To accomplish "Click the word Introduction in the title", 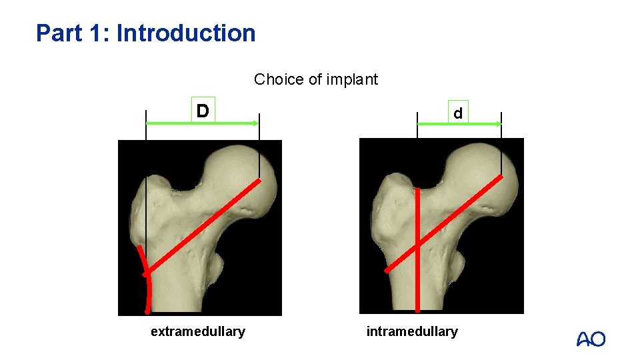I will point(186,33).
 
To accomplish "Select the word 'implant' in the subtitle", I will point(353,80).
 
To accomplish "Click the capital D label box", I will point(203,109).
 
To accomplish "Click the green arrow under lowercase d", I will point(459,124).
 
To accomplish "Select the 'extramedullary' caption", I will point(198,331).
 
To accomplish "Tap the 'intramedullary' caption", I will point(412,331).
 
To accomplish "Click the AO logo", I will point(591,339).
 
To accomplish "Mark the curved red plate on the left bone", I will point(147,280).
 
